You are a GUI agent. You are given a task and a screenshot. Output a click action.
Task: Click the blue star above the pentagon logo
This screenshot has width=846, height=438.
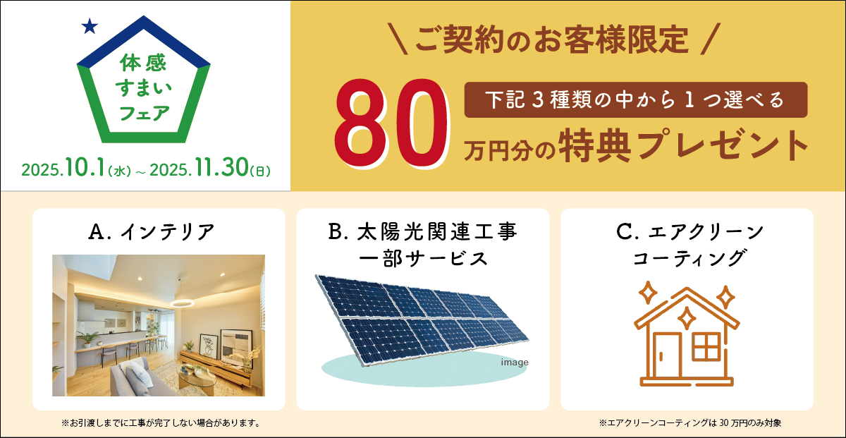[x=89, y=27]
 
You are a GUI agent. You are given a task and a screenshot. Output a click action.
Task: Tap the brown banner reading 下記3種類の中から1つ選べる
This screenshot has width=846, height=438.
[x=635, y=100]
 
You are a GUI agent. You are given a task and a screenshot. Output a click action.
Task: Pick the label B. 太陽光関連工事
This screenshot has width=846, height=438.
[x=422, y=231]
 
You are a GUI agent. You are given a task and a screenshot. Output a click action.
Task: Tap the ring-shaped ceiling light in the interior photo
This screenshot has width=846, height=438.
[x=183, y=303]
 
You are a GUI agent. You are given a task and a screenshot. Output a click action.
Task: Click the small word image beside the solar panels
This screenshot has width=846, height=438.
[x=515, y=363]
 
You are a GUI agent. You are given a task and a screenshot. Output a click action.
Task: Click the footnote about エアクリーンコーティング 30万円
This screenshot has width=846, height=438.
[x=690, y=423]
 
